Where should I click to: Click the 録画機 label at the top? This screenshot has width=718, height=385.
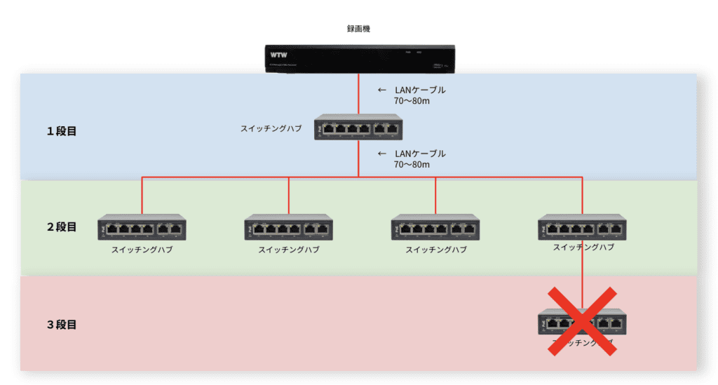click(x=358, y=29)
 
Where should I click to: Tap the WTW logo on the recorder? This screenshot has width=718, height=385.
click(x=279, y=54)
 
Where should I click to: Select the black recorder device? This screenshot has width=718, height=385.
click(x=358, y=58)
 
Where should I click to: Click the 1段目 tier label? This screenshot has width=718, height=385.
click(x=62, y=131)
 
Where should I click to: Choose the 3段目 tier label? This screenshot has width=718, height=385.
click(x=62, y=325)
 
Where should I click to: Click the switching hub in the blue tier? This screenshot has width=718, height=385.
click(x=358, y=127)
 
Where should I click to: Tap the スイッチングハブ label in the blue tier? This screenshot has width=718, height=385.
click(x=271, y=128)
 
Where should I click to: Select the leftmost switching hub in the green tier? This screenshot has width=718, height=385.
click(x=142, y=227)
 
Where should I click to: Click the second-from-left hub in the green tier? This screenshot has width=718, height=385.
click(x=288, y=227)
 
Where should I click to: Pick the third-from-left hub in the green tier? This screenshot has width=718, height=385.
click(x=435, y=227)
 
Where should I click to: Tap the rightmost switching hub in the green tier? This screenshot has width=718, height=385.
click(x=582, y=227)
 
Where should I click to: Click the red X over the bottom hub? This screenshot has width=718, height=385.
click(x=582, y=320)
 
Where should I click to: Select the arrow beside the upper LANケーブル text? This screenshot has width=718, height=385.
click(x=381, y=90)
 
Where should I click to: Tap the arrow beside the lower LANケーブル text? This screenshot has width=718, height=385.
click(x=381, y=153)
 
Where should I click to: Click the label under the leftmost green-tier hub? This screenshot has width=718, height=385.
click(x=142, y=250)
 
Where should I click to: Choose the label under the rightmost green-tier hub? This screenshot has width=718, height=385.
click(x=583, y=248)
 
